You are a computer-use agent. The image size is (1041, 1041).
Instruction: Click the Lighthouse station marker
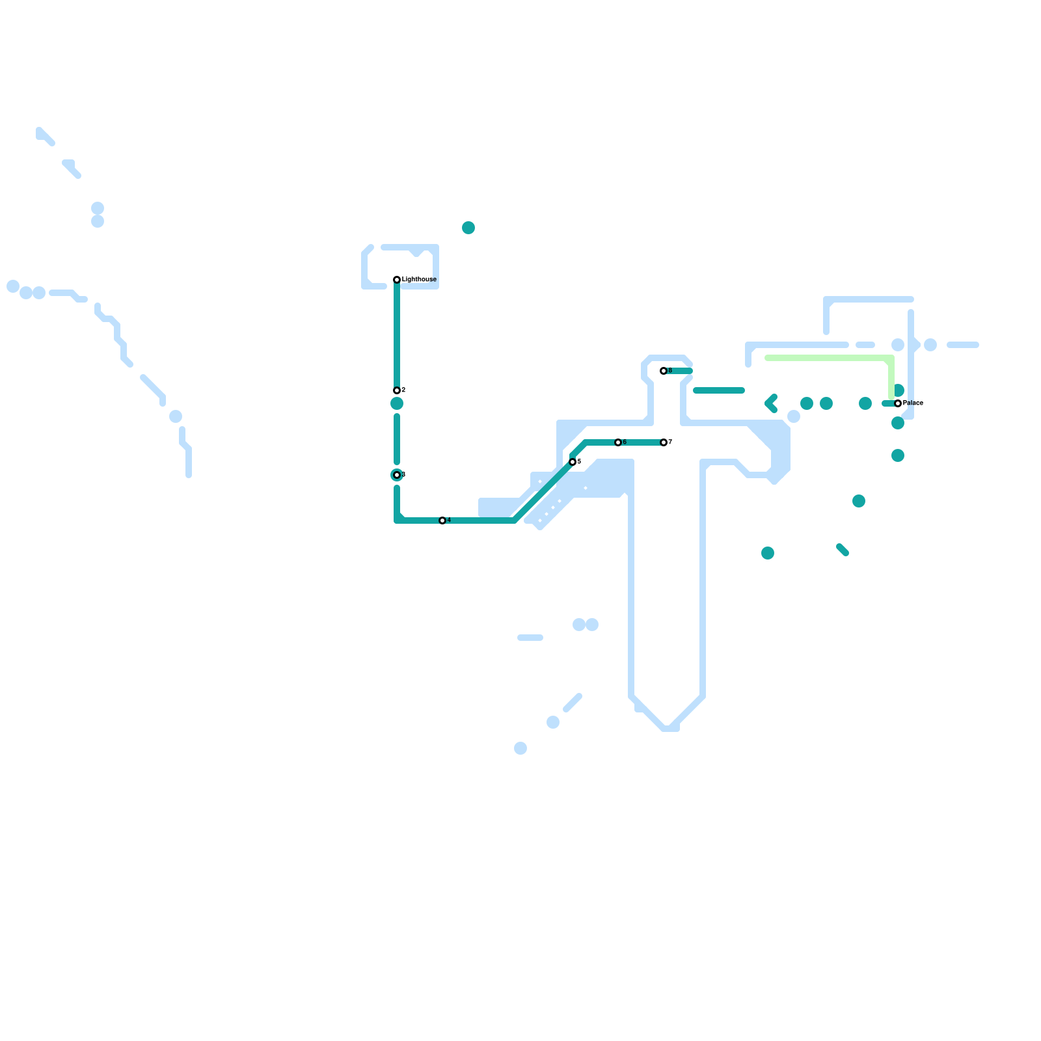coord(397,280)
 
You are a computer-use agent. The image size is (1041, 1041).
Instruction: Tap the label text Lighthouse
coord(419,280)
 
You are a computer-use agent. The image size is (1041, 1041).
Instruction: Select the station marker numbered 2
coord(397,390)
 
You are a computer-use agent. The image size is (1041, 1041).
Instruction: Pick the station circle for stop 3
coord(397,475)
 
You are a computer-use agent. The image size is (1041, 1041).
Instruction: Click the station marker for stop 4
coord(442,520)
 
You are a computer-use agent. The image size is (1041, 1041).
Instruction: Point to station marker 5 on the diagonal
coord(573,462)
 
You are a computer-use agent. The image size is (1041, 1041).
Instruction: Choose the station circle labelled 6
coord(618,442)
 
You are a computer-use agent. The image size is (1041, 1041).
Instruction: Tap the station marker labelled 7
coord(664,442)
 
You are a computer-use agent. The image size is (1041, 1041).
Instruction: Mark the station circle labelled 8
coord(664,371)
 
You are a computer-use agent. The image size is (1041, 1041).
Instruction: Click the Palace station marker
coord(898,403)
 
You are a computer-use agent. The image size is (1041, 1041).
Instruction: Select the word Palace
coord(913,403)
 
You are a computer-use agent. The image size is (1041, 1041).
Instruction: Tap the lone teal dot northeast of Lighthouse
coord(468,228)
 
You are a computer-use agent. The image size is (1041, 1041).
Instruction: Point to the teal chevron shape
coord(771,403)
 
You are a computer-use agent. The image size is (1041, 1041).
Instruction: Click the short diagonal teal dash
coord(843,550)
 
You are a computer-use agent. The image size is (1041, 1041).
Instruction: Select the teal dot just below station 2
coord(397,403)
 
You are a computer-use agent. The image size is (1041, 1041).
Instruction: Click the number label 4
coord(449,520)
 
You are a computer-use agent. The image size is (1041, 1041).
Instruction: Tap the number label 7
coord(670,442)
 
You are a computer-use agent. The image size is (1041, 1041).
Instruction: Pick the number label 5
coord(579,461)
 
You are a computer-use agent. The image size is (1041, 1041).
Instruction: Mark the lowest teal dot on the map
coord(768,553)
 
